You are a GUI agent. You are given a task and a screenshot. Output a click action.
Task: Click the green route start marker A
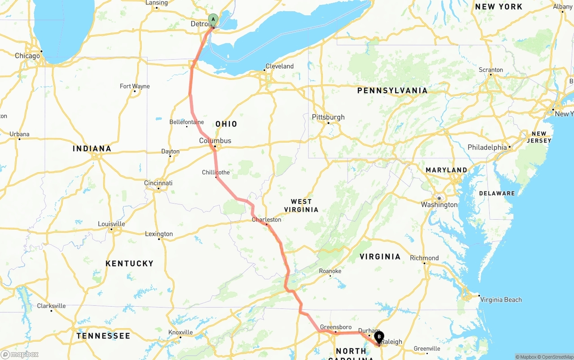[x=213, y=20]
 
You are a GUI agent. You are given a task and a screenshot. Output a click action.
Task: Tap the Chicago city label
[x=27, y=56]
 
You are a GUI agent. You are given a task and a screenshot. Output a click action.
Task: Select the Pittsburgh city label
[x=328, y=117]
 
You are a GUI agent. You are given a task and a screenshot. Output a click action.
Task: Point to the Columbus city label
[x=215, y=141]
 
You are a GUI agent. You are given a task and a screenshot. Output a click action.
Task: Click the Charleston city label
[x=266, y=220]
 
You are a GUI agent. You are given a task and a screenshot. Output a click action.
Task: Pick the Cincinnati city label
[x=158, y=183]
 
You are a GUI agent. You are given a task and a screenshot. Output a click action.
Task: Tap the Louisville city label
[x=112, y=224]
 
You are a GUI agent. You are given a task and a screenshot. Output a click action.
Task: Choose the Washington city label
[x=439, y=205]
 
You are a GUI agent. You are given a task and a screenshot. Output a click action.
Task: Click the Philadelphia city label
[x=487, y=147]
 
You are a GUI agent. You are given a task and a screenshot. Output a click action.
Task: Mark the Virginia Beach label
[x=501, y=300]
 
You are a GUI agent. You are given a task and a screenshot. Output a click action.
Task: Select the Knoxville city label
[x=181, y=333]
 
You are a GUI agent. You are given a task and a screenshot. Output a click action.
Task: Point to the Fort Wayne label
[x=135, y=87]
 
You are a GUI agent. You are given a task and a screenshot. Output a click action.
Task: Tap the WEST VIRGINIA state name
[x=301, y=206]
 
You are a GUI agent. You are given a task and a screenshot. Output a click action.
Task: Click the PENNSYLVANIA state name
[x=392, y=91]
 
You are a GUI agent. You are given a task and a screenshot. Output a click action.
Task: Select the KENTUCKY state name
[x=130, y=264]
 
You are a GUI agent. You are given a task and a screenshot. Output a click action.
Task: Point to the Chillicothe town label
[x=216, y=173]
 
